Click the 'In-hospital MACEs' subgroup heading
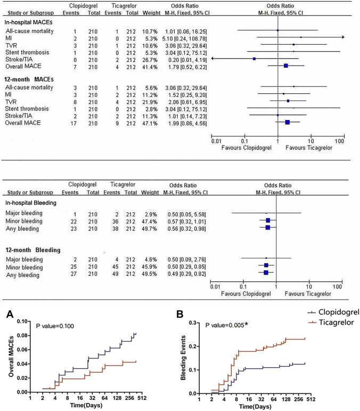click(x=31, y=22)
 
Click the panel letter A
click(x=9, y=315)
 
